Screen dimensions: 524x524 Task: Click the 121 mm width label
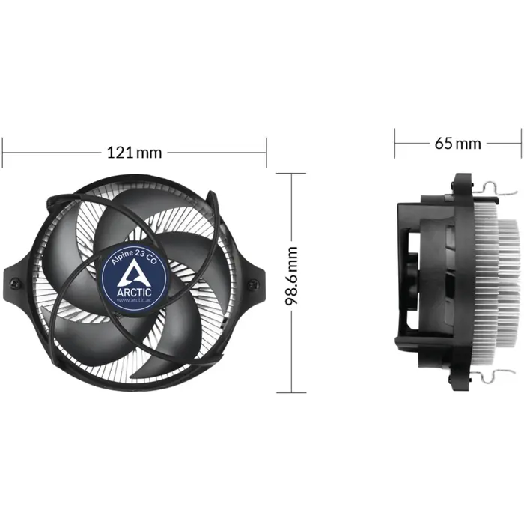135,153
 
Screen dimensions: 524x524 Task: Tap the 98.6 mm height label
292,276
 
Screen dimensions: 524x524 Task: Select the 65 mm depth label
457,143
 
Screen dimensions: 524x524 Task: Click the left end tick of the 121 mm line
3,153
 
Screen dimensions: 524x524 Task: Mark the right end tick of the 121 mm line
266,153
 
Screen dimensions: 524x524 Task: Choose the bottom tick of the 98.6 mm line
292,392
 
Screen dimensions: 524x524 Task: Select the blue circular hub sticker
135,276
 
